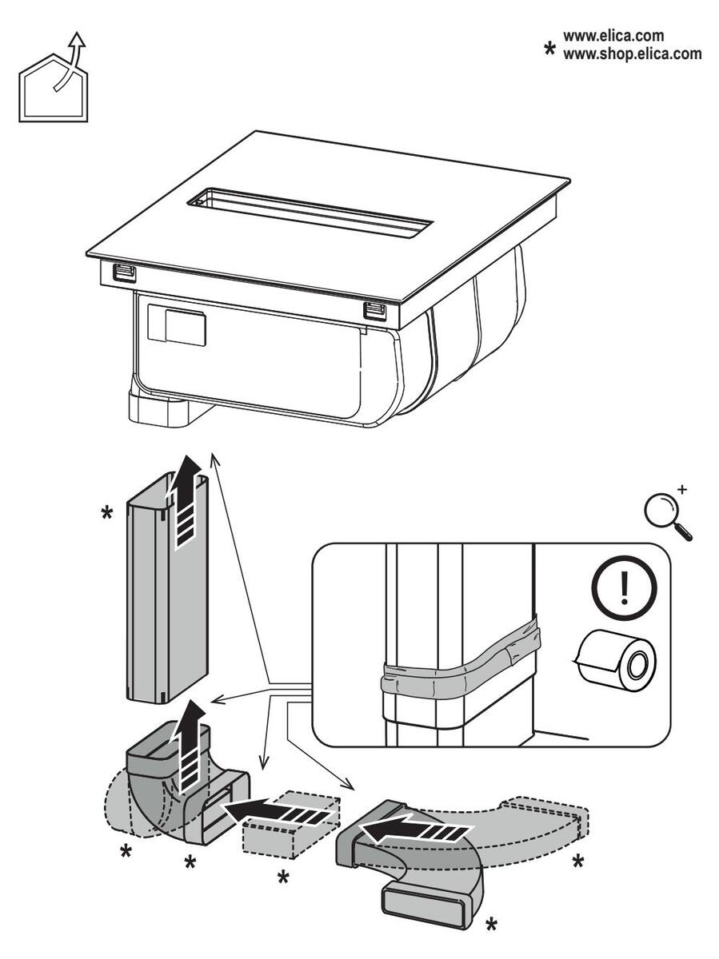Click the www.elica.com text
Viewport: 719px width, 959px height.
[613, 36]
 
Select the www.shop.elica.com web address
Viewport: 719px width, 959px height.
[632, 54]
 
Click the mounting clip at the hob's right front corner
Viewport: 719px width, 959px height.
[373, 309]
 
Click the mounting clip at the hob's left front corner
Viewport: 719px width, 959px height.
[123, 273]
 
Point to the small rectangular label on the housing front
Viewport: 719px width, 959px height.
[186, 328]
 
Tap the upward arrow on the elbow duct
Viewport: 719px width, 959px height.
[189, 747]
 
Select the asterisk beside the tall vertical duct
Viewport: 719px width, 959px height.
[106, 512]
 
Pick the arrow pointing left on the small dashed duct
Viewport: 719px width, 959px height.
[276, 815]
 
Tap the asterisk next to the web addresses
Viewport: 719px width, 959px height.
[550, 50]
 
